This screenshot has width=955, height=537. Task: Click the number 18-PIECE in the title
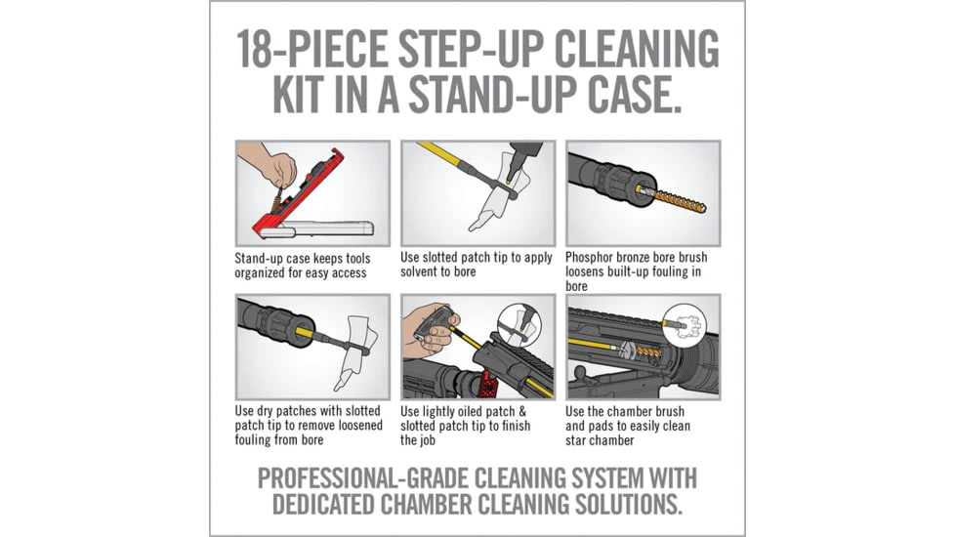point(311,49)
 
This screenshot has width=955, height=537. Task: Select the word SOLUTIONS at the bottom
point(616,505)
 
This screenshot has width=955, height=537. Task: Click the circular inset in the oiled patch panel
point(519,324)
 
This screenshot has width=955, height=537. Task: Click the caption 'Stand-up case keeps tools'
point(303,258)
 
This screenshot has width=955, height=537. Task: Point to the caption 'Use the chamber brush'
point(625,411)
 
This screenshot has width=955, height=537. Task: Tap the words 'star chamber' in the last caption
point(600,440)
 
